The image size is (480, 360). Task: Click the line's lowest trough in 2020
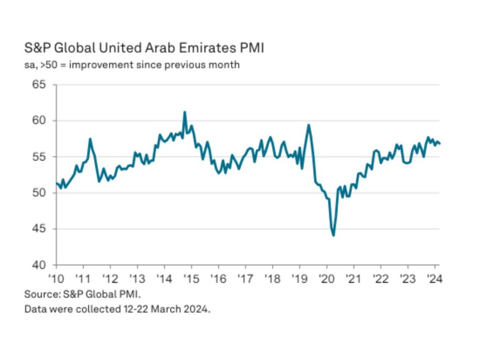[333, 235]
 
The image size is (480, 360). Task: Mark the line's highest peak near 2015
[185, 112]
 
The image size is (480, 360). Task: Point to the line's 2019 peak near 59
[309, 125]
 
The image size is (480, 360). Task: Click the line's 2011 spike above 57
[90, 139]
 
